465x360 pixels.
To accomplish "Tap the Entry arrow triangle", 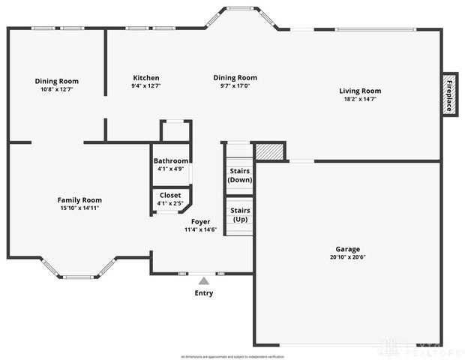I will pos(203,280).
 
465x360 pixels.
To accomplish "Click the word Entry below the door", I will pos(204,293).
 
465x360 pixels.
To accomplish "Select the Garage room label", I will pos(347,249).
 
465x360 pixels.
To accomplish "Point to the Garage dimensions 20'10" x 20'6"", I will pos(347,257).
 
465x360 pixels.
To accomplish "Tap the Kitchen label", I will pos(145,78).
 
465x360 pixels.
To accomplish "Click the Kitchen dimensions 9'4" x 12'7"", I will pos(145,86).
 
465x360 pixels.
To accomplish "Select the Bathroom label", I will pos(171,160).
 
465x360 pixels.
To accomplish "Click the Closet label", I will pos(170,195).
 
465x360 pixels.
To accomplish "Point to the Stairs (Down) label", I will pos(240,175).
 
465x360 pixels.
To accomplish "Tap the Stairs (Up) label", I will pos(240,214).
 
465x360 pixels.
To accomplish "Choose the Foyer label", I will pos(200,221).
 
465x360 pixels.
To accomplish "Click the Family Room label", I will pos(79,199).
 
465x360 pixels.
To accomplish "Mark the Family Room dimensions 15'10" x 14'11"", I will pos(79,208).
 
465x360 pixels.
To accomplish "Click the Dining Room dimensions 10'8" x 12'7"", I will pos(56,89).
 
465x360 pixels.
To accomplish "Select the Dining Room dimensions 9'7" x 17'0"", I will pos(235,86).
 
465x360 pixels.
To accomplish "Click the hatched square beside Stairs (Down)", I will pos(270,151).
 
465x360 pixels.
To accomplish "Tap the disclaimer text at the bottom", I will pos(232,355).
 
